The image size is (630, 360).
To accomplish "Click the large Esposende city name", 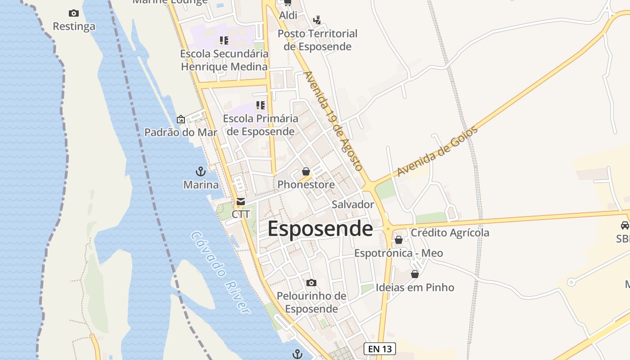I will click(320, 229).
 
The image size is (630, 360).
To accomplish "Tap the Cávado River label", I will click(220, 272).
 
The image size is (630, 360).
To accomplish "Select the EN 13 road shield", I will click(379, 348).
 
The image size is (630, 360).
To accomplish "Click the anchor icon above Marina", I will click(201, 171).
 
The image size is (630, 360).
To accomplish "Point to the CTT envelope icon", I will click(241, 201).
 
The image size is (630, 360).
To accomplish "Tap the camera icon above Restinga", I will click(74, 13).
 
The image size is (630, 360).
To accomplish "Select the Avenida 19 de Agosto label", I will click(333, 121).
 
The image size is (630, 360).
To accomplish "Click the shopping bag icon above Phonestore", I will click(306, 171).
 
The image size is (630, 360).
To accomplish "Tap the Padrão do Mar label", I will click(180, 132).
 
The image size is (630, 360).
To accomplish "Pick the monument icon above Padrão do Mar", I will click(180, 119).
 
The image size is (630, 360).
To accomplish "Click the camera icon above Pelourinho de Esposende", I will click(311, 283).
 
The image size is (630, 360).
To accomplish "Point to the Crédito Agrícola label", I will click(450, 233).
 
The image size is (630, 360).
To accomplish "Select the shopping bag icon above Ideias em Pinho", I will click(415, 274).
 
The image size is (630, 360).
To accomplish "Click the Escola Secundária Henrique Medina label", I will click(224, 60).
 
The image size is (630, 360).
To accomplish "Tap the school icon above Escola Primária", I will click(261, 105).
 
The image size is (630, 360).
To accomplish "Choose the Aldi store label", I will click(288, 15).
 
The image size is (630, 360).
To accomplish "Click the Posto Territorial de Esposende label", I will click(317, 40).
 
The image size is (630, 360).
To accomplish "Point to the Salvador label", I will click(353, 204).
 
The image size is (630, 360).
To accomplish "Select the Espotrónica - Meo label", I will click(398, 253).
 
